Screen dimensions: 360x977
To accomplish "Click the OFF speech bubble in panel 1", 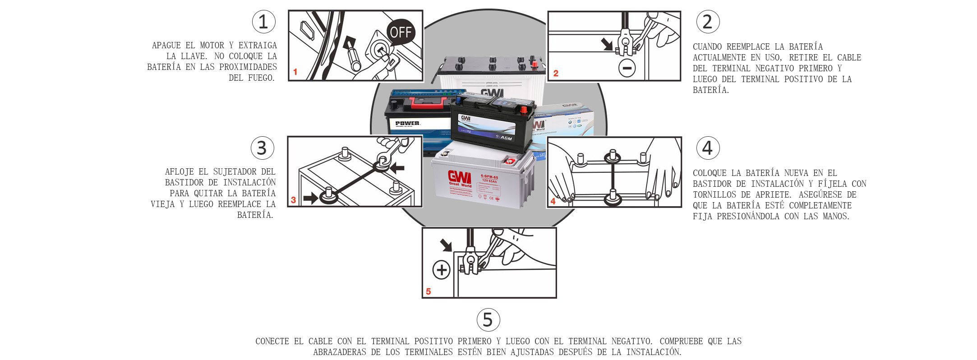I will (x=401, y=32).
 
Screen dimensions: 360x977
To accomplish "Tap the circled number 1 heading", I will (x=263, y=22).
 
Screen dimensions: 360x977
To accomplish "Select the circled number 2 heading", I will (x=707, y=22).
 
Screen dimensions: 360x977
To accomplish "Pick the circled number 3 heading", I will (x=262, y=148).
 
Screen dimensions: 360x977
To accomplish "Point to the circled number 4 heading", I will (x=707, y=148).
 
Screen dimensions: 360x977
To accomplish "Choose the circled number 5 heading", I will (x=488, y=320).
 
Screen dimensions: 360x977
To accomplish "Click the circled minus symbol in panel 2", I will (x=627, y=68).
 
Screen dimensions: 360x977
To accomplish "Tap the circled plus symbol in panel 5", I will (x=441, y=270).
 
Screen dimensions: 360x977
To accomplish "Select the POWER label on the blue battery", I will (x=407, y=123).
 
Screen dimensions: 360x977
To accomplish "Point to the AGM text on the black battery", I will (x=506, y=138).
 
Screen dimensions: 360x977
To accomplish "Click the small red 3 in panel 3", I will (x=294, y=200).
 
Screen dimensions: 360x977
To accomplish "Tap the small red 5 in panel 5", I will (x=429, y=291).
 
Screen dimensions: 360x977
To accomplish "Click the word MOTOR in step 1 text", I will (x=212, y=46).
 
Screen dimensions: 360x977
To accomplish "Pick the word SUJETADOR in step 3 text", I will (x=235, y=172).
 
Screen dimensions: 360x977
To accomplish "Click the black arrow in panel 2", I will (x=607, y=44).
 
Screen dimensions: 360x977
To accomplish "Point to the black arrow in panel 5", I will (x=446, y=245).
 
